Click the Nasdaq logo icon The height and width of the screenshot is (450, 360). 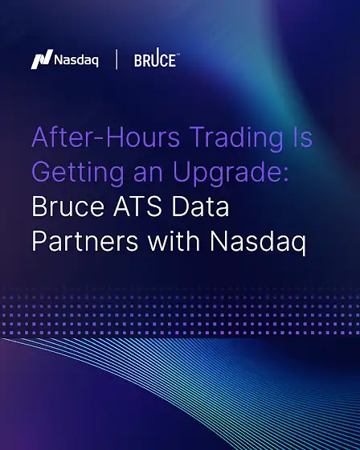(x=42, y=59)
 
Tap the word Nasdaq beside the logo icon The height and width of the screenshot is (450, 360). (x=76, y=60)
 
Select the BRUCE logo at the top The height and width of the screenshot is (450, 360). (x=157, y=58)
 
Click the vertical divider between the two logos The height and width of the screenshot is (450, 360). (x=117, y=59)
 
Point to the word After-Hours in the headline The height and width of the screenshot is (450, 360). (x=105, y=137)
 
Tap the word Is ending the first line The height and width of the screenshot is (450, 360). (x=302, y=137)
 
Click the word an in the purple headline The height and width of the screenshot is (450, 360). (x=148, y=175)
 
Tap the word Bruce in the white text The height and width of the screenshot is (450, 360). (x=68, y=207)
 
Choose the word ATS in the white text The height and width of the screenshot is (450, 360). (x=137, y=207)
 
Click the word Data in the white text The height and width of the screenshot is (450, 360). (x=200, y=207)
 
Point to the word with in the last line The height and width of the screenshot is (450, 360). (x=174, y=240)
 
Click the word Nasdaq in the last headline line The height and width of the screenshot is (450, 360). (x=258, y=243)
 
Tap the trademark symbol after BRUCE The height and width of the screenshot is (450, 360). (x=178, y=54)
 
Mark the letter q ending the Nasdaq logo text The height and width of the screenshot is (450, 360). (x=95, y=62)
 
